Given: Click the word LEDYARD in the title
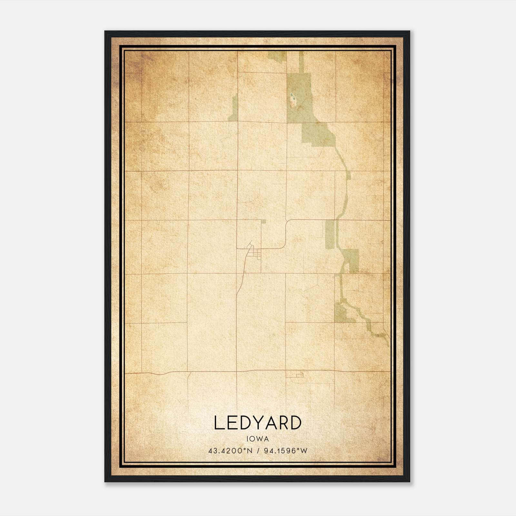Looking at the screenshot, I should click(x=258, y=423).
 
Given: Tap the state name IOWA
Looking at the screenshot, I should click(x=258, y=439).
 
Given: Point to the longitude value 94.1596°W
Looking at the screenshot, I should click(x=285, y=451).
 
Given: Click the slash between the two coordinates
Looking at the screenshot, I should click(x=258, y=451).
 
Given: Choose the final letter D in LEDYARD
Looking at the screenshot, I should click(x=296, y=423).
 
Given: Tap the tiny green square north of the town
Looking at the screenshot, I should click(x=263, y=221).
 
